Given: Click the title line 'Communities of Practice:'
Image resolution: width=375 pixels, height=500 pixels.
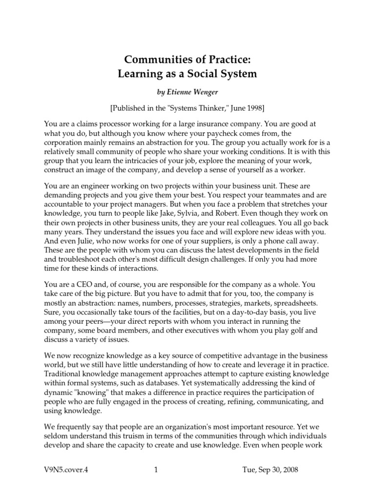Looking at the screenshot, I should point(188,60).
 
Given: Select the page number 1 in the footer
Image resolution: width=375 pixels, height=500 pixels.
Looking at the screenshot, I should point(156,470).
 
